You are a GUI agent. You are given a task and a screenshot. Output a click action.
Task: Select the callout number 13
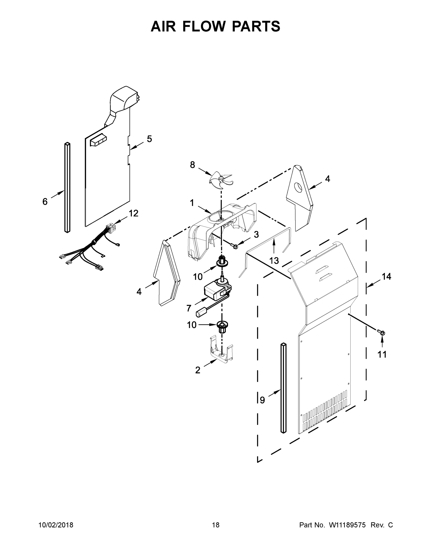(274, 261)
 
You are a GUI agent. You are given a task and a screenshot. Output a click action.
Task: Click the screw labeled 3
(234, 246)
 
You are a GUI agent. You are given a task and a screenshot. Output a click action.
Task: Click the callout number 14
(386, 276)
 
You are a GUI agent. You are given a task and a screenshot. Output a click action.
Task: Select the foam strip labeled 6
(67, 188)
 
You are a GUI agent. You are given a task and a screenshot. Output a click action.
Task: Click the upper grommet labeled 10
(222, 262)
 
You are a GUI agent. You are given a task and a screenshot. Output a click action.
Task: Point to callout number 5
(149, 139)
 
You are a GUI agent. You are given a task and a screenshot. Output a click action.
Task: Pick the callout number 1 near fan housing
(192, 203)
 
